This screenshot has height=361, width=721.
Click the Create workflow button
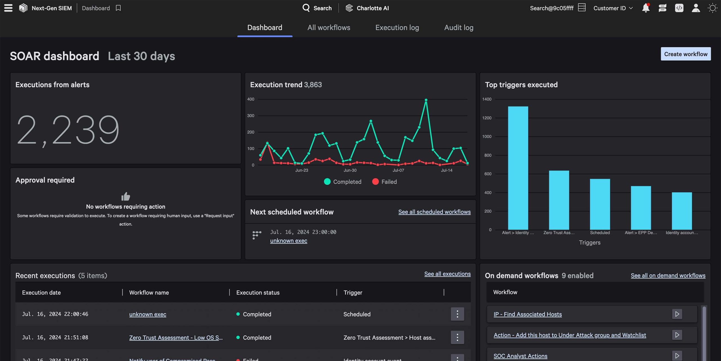686,54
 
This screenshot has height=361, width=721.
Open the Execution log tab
397,28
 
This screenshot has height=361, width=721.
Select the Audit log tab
459,28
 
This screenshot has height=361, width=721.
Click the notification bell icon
646,8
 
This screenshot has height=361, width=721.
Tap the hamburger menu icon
8,8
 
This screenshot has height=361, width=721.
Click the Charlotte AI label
372,8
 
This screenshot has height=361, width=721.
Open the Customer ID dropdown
613,8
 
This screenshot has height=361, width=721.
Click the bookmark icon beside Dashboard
118,8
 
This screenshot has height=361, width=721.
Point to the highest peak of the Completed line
426,100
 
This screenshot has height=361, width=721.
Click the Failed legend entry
384,182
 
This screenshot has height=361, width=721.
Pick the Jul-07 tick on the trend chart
398,170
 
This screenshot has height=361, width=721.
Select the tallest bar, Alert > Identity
518,168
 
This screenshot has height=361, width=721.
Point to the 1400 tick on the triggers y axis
487,99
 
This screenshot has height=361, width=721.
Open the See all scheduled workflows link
434,212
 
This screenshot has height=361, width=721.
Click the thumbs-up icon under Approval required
126,196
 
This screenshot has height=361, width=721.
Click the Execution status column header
258,292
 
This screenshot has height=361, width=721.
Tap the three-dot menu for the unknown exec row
457,314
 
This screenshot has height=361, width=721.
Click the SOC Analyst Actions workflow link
520,356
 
